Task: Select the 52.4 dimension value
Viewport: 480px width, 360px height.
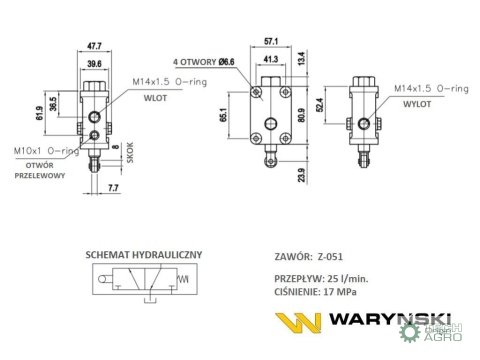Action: (320, 105)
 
